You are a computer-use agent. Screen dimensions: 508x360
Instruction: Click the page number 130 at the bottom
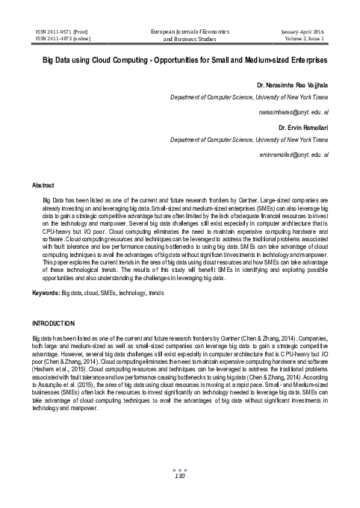click(179, 477)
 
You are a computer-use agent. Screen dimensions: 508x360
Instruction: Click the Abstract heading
click(43, 184)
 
